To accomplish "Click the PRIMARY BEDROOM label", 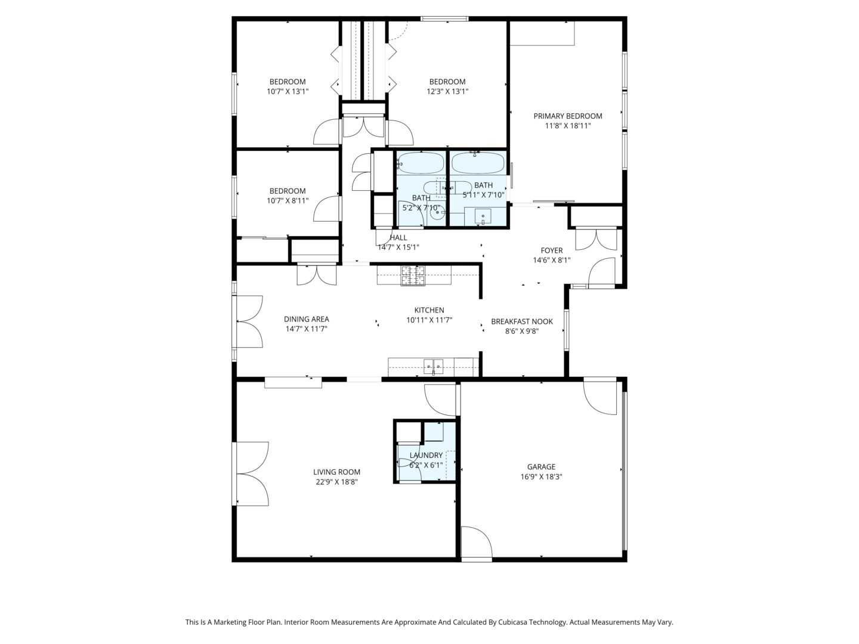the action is click(x=567, y=116).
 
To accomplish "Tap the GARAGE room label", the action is click(x=541, y=467).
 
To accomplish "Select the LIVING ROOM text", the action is click(x=336, y=472).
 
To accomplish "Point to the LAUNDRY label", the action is click(x=426, y=456).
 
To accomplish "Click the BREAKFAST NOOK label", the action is click(x=522, y=322).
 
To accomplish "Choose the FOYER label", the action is click(x=552, y=250).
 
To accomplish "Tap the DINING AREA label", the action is click(x=307, y=320).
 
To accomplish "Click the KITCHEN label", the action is click(x=429, y=311).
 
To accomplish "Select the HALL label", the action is click(x=398, y=238).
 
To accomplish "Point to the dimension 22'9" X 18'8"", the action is click(x=336, y=482).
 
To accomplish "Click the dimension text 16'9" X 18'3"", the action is click(x=541, y=477).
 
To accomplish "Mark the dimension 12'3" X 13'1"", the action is click(x=447, y=91).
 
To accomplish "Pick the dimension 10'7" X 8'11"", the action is click(x=288, y=201).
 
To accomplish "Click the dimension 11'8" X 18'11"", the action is click(x=568, y=126).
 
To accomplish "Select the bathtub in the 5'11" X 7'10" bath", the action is click(x=478, y=163).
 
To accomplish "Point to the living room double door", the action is click(x=251, y=474).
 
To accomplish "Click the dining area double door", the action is click(x=248, y=322).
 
